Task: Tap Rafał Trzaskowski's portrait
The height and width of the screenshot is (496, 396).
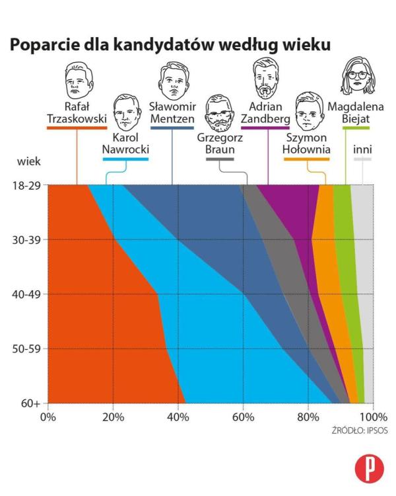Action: coord(78,81)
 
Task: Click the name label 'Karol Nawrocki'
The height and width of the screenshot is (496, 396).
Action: coord(125,144)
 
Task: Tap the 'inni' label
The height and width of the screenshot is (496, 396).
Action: coord(362,149)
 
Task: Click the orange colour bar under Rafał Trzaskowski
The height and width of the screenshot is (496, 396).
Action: coord(77,127)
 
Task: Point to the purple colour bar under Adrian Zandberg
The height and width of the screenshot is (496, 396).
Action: coord(266,127)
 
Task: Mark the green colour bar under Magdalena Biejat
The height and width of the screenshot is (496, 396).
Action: coord(356,127)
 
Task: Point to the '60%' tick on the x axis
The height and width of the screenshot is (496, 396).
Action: coord(243,417)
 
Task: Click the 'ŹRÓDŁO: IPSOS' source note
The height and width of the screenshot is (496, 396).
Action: coord(360,431)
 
